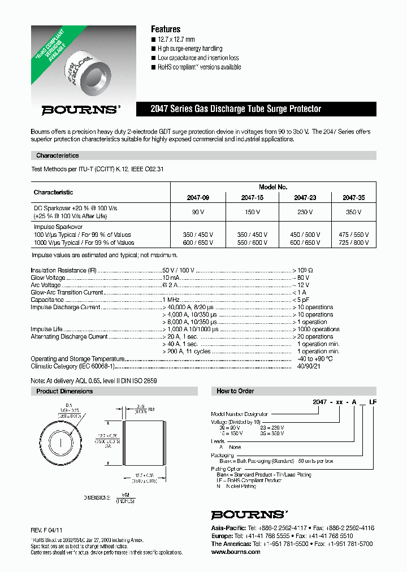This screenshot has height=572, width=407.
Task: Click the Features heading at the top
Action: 166,29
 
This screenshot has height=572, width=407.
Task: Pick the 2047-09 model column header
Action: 198,198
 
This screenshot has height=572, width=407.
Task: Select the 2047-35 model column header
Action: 354,198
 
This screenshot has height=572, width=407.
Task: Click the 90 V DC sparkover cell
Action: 198,212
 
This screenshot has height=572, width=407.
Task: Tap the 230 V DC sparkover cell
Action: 305,212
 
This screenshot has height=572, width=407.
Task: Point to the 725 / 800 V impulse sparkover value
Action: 354,242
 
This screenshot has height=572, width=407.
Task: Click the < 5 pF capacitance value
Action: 301,300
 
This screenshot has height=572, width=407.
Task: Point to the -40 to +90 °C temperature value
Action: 315,359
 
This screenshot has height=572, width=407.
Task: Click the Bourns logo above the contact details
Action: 248,514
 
